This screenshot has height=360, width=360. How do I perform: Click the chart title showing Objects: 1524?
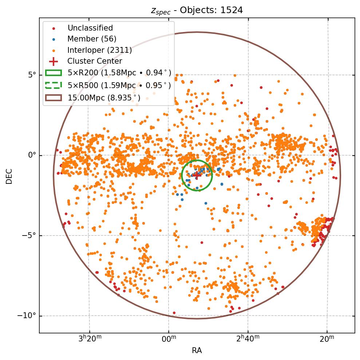coord(197,10)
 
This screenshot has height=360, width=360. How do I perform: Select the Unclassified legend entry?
coord(90,28)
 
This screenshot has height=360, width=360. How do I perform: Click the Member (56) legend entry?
coord(92,39)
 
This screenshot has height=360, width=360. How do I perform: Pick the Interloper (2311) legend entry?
coord(99,50)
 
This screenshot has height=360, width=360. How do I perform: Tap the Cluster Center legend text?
coord(95,61)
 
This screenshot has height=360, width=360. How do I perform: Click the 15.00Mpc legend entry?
coord(104,98)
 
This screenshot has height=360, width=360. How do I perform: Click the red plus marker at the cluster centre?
coord(197,175)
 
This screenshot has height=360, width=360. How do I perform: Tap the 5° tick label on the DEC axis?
coord(32,75)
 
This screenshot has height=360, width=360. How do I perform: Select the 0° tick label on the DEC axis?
coord(32,155)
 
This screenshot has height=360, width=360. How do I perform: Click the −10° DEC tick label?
coord(28,316)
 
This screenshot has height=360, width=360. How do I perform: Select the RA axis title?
coord(197,351)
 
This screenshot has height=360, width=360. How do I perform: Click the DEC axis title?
coord(9,175)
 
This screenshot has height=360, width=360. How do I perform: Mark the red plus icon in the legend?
coord(54,61)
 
